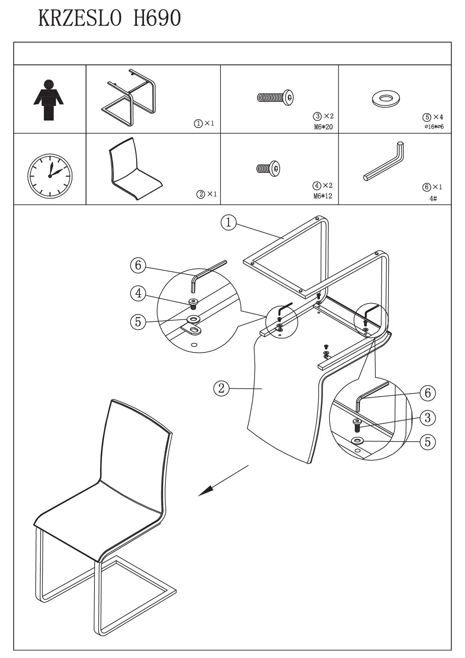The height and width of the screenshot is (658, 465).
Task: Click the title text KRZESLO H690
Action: click(109, 18)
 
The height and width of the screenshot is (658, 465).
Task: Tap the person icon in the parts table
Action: click(48, 100)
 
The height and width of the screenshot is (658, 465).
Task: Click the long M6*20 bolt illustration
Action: click(275, 98)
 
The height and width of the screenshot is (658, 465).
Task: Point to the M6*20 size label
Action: click(323, 127)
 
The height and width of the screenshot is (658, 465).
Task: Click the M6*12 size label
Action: click(323, 196)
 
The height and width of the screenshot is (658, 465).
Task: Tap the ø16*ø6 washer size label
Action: click(434, 127)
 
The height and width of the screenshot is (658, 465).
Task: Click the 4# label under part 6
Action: click(433, 198)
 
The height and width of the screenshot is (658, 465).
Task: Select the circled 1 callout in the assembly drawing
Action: click(228, 223)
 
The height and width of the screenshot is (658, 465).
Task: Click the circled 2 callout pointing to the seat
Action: click(221, 388)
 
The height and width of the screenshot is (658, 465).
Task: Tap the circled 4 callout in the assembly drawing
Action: click(138, 293)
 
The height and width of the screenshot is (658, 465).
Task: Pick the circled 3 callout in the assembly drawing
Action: click(427, 417)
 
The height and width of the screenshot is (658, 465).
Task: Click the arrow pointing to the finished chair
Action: click(223, 481)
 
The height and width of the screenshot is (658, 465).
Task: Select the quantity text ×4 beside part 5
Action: click(438, 117)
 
